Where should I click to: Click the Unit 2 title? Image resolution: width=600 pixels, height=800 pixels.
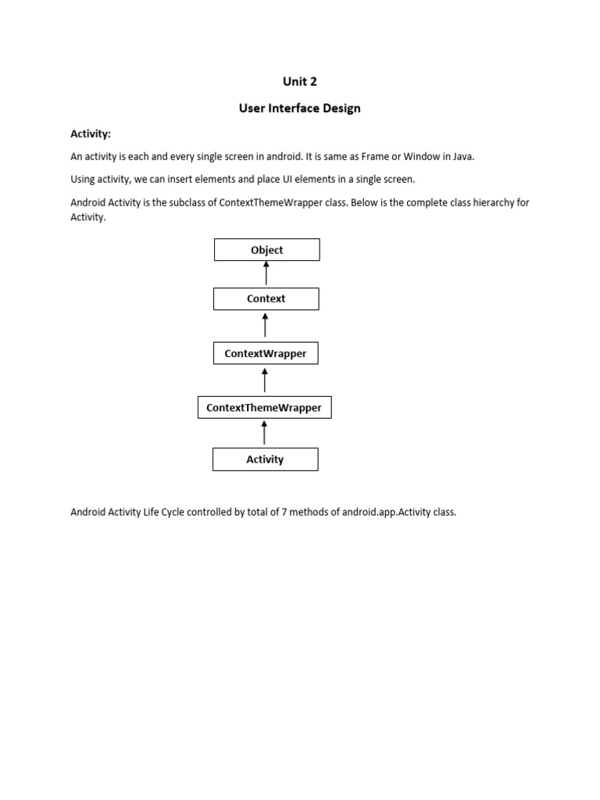[x=300, y=81]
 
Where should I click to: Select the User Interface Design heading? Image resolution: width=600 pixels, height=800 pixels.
[x=300, y=109]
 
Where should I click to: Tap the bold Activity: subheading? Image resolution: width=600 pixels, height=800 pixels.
[x=91, y=134]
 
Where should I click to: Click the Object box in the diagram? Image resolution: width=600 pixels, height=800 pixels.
[x=266, y=250]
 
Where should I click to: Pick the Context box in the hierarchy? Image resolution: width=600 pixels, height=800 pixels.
[x=266, y=298]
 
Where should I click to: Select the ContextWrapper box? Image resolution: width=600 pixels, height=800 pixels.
[x=266, y=353]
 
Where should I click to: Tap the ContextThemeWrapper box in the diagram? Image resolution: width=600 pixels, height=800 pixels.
[x=265, y=407]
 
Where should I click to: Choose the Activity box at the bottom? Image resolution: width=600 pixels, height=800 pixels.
[x=265, y=459]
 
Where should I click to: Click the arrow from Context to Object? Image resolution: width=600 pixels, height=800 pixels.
[x=266, y=273]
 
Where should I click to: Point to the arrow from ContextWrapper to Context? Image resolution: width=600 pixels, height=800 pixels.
[x=266, y=325]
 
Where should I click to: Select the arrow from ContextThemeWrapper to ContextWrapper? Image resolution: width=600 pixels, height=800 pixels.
[x=266, y=380]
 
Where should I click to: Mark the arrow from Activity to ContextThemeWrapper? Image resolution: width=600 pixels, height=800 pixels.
[x=265, y=433]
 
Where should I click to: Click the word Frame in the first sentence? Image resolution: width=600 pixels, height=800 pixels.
[x=376, y=156]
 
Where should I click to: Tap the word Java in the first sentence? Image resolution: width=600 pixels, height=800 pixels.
[x=461, y=156]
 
